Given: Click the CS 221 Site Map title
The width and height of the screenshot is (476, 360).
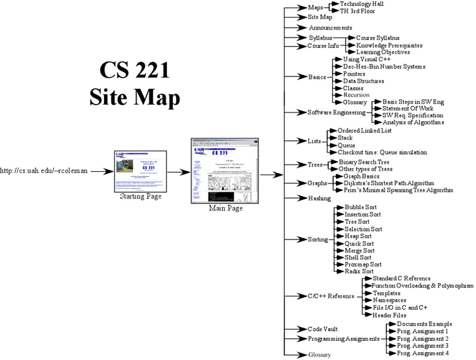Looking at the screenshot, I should pyautogui.click(x=135, y=84).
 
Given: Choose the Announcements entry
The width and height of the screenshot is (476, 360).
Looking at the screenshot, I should pyautogui.click(x=331, y=28).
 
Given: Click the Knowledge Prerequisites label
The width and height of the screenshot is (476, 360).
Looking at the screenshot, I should pyautogui.click(x=389, y=45).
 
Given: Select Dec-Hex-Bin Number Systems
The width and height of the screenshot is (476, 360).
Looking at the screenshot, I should pyautogui.click(x=384, y=67).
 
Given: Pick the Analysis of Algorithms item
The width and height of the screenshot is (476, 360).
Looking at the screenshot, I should pyautogui.click(x=413, y=122).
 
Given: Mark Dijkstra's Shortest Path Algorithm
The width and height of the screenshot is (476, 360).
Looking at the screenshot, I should pyautogui.click(x=389, y=183).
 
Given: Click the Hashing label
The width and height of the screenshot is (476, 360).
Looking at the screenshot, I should pyautogui.click(x=320, y=198).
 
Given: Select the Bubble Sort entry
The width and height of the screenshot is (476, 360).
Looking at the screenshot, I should pyautogui.click(x=358, y=207).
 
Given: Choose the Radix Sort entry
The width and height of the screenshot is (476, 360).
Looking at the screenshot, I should pyautogui.click(x=358, y=271).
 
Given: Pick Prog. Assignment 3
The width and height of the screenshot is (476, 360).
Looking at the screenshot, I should pyautogui.click(x=423, y=346).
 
